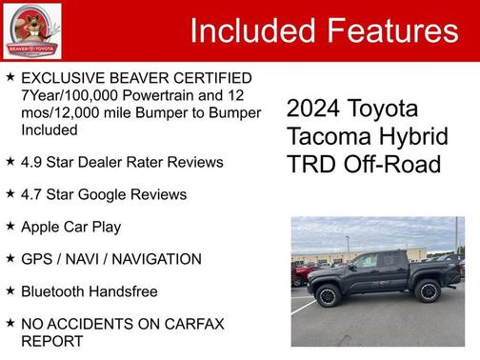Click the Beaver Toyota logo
point(30,30)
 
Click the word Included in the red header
point(252,30)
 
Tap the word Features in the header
point(392,30)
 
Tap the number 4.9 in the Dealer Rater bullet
point(32,162)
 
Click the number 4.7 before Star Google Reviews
point(32,194)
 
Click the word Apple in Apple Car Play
point(42,227)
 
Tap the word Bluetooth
point(55,291)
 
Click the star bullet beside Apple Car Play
point(10,227)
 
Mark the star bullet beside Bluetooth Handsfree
point(10,291)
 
